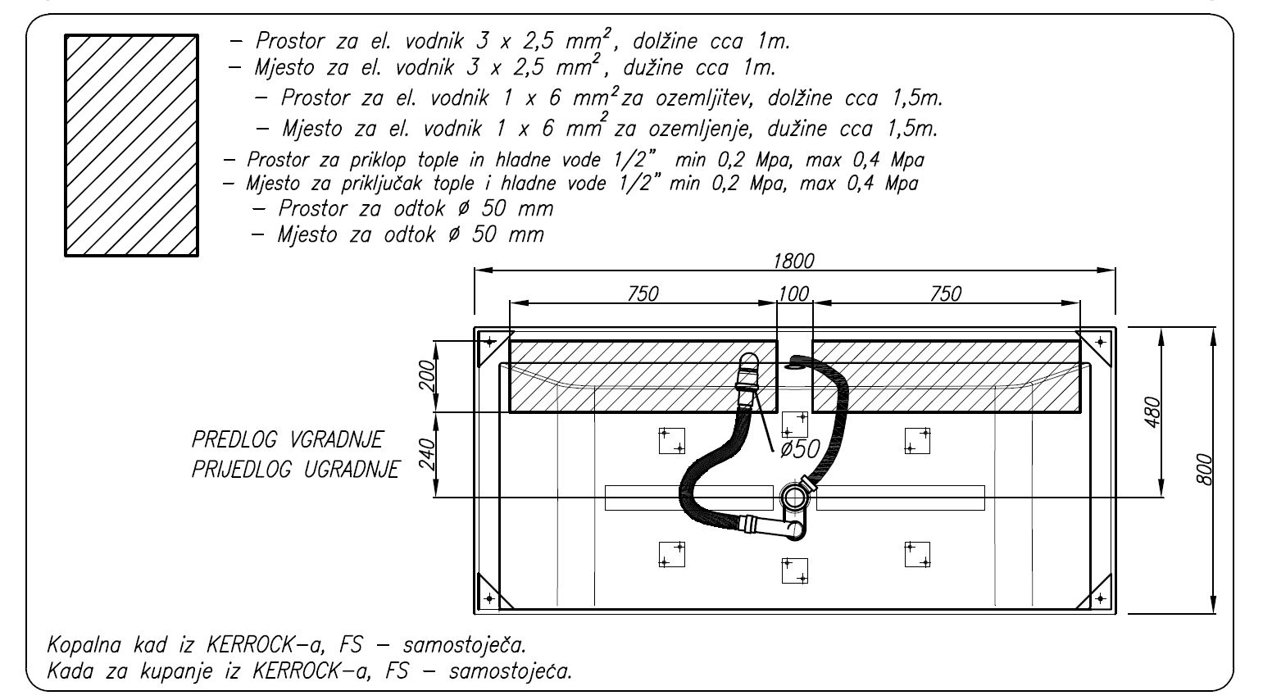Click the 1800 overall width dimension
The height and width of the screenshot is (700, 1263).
(793, 261)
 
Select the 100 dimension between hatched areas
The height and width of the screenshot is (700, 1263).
(793, 293)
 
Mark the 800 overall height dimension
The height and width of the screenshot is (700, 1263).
(1205, 470)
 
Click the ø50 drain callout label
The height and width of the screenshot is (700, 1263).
(799, 448)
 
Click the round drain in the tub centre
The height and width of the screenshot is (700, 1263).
(793, 498)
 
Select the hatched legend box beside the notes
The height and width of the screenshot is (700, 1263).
(132, 145)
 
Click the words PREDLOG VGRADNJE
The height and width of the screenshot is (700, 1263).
(287, 439)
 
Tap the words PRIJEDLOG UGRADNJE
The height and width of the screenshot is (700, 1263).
(295, 470)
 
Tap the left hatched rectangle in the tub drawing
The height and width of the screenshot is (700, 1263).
(643, 376)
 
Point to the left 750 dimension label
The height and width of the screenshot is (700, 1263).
(643, 293)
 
